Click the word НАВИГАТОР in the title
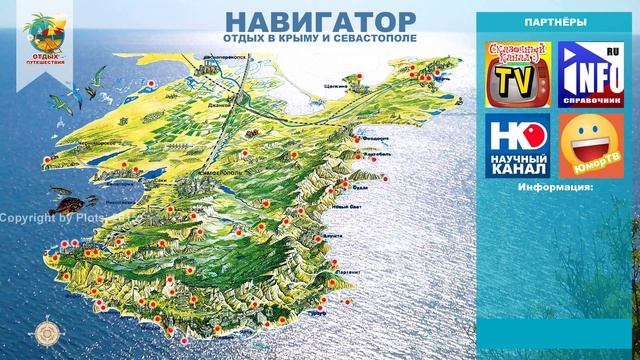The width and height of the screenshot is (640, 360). tap(305, 21)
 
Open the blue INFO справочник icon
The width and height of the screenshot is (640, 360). tap(590, 72)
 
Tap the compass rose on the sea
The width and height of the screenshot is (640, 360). tap(46, 333)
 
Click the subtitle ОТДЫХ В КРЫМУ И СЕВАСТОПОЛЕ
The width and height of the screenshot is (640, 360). tap(306, 41)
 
